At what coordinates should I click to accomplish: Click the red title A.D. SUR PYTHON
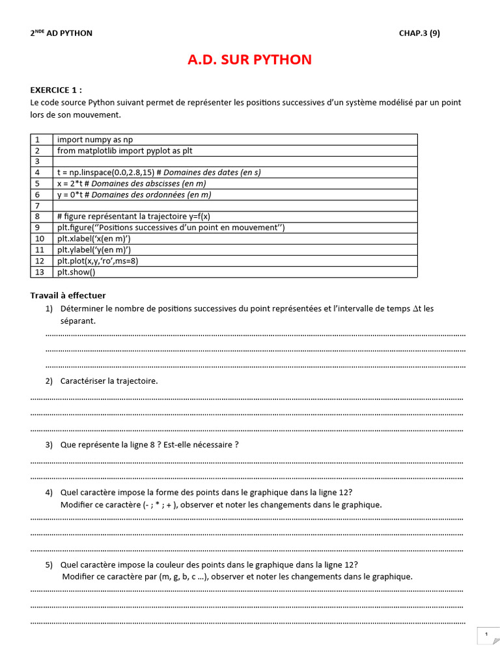click(249, 60)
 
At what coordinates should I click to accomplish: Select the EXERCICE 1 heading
click(56, 90)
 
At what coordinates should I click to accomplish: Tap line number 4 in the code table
click(38, 172)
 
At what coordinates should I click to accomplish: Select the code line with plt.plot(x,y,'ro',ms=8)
click(98, 261)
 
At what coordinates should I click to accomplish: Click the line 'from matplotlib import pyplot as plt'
click(124, 151)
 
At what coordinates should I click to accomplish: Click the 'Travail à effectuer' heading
click(68, 296)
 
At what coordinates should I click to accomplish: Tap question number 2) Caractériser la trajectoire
click(109, 381)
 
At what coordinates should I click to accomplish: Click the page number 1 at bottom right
click(486, 633)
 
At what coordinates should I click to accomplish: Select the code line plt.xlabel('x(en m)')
click(94, 239)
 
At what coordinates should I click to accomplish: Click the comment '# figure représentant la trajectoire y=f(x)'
click(133, 217)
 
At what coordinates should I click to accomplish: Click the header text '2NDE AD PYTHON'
click(61, 33)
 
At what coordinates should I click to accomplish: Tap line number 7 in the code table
click(38, 206)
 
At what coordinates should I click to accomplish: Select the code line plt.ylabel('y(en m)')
click(94, 250)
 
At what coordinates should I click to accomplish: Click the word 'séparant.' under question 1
click(77, 321)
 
